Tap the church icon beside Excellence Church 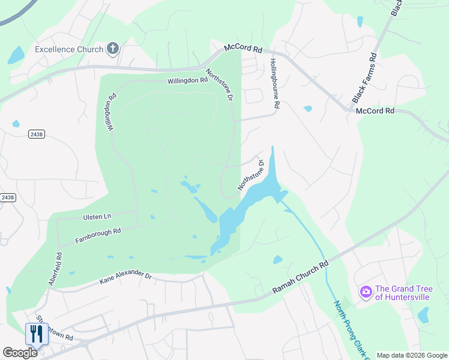(112, 49)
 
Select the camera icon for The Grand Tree (366, 292)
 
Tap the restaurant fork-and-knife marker (37, 334)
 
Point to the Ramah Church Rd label (301, 277)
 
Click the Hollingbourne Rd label (274, 83)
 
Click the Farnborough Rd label (98, 235)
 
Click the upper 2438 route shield (36, 134)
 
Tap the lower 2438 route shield (7, 197)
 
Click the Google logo (20, 353)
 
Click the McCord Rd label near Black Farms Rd (375, 111)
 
